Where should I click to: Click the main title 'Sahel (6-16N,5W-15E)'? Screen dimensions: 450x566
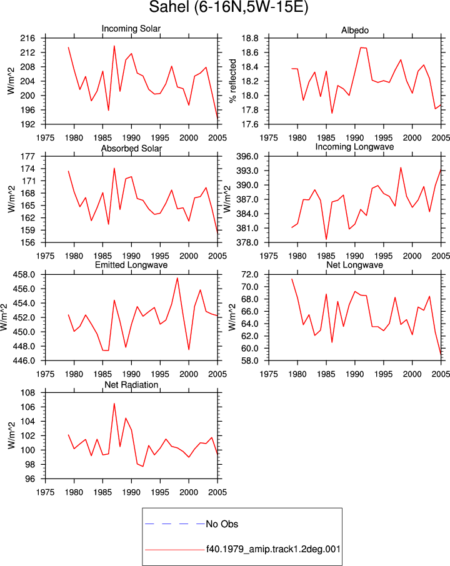[228, 7]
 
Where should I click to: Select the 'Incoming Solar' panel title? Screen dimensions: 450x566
[131, 29]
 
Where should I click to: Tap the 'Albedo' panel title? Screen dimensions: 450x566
[354, 31]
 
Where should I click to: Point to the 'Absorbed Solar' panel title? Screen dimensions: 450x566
[131, 148]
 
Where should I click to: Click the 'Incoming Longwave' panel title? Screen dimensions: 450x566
[354, 147]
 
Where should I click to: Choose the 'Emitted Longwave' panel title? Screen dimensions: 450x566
[131, 265]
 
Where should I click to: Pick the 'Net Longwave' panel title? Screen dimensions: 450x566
[354, 265]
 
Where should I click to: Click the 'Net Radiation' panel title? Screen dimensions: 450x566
[131, 385]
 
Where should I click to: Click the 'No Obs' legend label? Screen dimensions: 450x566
[222, 524]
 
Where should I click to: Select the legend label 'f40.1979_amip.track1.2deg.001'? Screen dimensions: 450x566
[273, 549]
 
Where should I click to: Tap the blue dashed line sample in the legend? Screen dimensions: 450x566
[175, 524]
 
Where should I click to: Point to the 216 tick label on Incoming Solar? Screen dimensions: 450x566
[27, 38]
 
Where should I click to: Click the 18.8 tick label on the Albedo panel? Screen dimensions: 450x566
[250, 38]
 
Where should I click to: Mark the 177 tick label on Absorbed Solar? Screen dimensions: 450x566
[27, 156]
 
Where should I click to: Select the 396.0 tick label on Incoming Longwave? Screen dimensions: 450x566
[247, 156]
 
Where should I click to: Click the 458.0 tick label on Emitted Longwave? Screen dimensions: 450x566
[24, 275]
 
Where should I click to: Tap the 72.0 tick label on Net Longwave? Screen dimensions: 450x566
[250, 275]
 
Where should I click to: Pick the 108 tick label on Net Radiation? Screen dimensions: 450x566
[27, 393]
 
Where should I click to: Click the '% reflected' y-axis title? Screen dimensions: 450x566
[233, 81]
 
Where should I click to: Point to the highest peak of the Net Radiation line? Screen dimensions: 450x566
[114, 404]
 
